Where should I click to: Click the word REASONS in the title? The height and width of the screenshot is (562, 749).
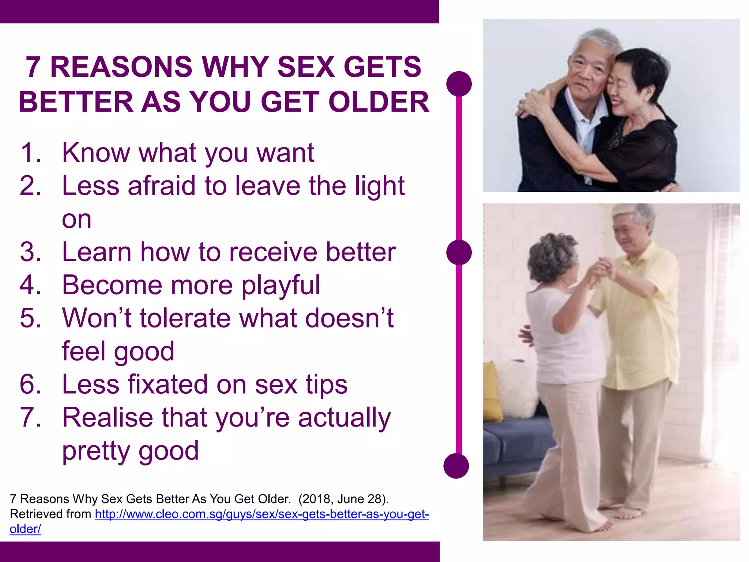click(121, 67)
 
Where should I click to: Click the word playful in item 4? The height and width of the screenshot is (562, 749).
click(281, 285)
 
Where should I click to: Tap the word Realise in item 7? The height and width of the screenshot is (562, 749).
click(108, 417)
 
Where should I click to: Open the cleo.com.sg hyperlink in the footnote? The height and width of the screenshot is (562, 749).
click(261, 514)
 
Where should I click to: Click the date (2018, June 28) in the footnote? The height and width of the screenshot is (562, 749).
click(343, 499)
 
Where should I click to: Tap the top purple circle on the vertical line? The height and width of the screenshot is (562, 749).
click(459, 84)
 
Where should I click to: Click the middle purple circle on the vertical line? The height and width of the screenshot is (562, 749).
click(459, 252)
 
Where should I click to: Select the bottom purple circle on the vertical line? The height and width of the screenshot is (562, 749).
click(456, 466)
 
